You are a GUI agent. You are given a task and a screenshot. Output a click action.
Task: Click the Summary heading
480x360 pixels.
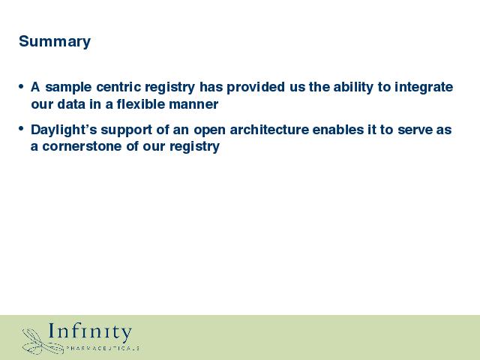pos(55,42)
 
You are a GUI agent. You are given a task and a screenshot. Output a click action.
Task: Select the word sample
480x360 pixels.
pos(68,88)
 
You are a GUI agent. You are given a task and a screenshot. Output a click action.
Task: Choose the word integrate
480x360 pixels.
pos(424,88)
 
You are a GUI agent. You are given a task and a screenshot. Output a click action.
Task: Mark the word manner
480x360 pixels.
pos(193,105)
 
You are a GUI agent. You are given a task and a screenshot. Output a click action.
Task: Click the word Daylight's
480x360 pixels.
pos(64,130)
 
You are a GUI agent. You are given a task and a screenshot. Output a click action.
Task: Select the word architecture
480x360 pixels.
pos(269,130)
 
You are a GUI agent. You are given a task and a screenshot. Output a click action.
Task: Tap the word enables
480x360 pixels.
pos(336,130)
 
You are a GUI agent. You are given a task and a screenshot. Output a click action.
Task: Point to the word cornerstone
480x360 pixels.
pos(82,146)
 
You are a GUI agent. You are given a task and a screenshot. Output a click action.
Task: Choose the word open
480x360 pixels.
pos(209,130)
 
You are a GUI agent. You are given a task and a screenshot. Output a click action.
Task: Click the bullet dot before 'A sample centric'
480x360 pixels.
pos(21,86)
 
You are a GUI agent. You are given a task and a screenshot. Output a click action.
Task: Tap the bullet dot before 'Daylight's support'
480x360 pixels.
pos(21,128)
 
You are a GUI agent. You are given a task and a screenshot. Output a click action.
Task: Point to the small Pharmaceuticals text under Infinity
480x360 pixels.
pos(103,348)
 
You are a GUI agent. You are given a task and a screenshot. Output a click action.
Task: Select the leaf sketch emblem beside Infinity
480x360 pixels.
pos(43,342)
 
